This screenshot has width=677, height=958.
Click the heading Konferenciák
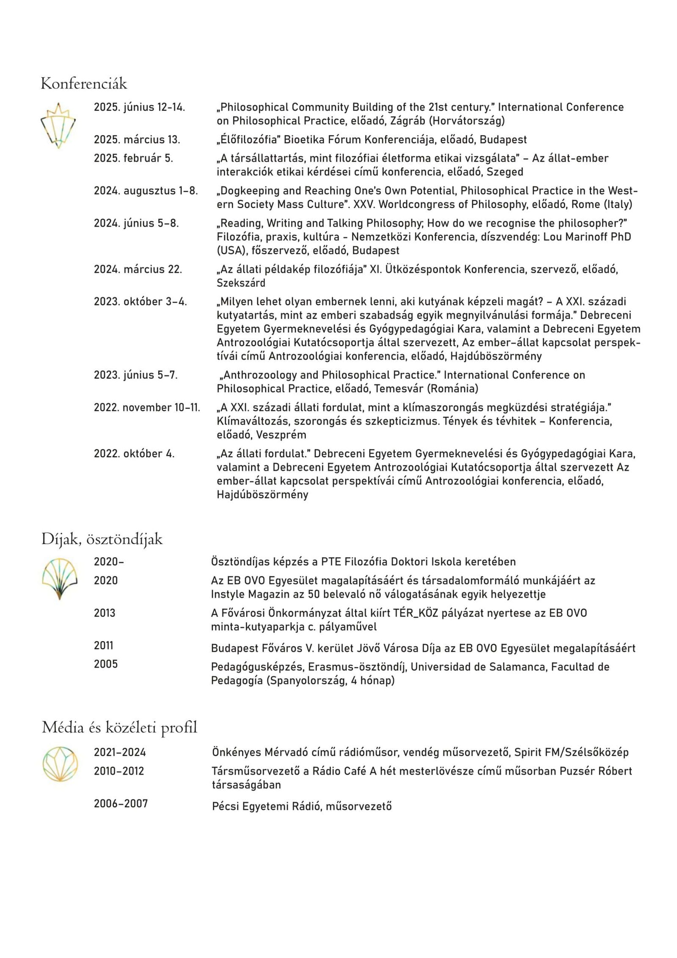point(84,84)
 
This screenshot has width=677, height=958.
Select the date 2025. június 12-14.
point(139,107)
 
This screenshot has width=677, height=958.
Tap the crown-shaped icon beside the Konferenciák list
point(58,125)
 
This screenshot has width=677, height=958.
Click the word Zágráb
point(408,121)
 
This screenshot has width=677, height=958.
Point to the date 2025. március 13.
point(137,140)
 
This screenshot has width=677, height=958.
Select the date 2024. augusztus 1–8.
point(146,191)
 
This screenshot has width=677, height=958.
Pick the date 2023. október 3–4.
point(140,302)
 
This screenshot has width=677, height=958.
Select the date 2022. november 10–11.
point(147,407)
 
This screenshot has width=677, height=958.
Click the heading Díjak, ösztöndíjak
point(102,539)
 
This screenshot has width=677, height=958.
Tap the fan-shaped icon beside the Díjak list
point(60,579)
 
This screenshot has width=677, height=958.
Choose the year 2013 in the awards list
point(105,613)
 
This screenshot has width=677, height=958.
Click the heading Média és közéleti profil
point(119,728)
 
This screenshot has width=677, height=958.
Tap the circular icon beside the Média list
point(60,764)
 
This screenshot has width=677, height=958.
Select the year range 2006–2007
point(121,804)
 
